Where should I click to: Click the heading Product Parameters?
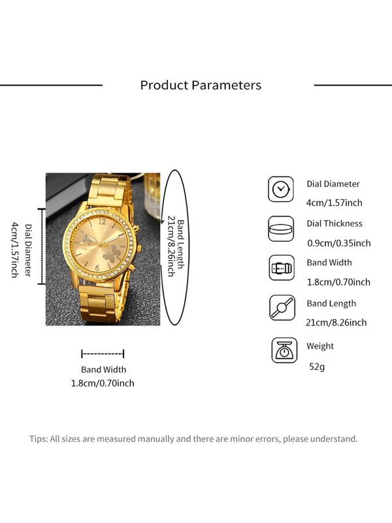(201, 86)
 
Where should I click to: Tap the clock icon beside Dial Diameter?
(281, 190)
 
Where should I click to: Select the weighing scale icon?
(284, 350)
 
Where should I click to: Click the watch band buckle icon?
(282, 268)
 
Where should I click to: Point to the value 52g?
(317, 367)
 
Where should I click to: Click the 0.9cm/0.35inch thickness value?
(338, 243)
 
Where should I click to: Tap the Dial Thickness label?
(335, 224)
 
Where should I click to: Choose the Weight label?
(320, 346)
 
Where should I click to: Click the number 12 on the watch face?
(102, 221)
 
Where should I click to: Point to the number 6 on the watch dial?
(97, 268)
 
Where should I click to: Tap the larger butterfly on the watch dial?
(111, 253)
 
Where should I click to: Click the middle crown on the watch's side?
(139, 248)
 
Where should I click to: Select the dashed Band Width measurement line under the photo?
(103, 354)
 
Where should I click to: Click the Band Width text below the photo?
(104, 369)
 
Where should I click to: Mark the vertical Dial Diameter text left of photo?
(29, 250)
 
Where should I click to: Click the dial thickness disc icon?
(281, 229)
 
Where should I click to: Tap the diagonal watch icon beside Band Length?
(282, 307)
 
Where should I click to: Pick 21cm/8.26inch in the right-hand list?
(336, 322)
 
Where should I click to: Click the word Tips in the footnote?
(39, 439)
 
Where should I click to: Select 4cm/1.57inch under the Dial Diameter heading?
(335, 203)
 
